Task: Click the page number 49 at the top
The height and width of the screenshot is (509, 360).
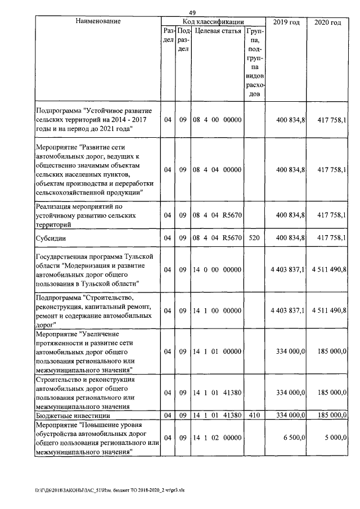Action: (192, 12)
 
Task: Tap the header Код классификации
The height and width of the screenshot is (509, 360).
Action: (213, 21)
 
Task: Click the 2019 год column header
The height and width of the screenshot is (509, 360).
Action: (286, 22)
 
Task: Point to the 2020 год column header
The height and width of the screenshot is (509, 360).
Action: (327, 22)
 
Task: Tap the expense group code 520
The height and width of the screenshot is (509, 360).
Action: (254, 238)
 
